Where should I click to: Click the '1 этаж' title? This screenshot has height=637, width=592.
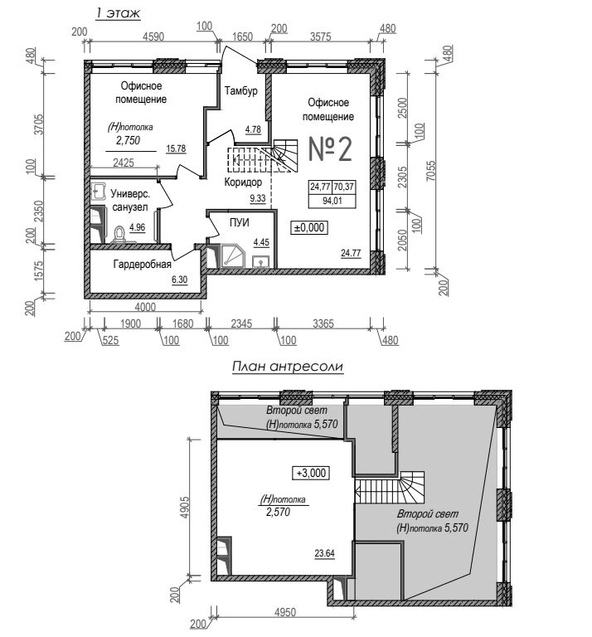click(x=118, y=13)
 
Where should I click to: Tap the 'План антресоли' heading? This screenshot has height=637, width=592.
click(x=288, y=366)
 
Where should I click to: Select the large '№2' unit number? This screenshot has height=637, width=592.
click(x=330, y=149)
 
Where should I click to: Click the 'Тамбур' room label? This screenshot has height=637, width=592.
click(x=240, y=90)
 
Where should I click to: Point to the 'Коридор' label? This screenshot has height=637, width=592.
click(x=243, y=182)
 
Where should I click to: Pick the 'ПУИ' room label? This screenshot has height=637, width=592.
click(x=239, y=222)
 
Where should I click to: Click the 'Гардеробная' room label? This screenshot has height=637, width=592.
click(x=142, y=265)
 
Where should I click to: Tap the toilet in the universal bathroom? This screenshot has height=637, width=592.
click(x=119, y=235)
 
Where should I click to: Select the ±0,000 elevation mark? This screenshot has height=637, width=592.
click(x=309, y=227)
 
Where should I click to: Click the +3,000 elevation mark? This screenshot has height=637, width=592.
click(x=311, y=473)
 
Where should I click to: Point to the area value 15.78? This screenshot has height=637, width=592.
click(x=176, y=148)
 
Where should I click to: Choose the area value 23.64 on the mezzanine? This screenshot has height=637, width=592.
click(x=324, y=553)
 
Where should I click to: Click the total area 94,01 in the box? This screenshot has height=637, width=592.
click(x=332, y=201)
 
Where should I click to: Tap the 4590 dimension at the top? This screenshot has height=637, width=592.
click(x=153, y=36)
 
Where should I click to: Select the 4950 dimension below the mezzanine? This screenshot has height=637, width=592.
click(x=285, y=612)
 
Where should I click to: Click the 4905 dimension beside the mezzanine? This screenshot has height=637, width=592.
click(x=184, y=507)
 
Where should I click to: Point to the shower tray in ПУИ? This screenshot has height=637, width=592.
click(x=233, y=256)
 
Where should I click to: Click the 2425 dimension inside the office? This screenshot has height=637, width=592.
click(x=124, y=163)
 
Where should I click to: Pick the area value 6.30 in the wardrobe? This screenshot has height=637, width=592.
click(x=179, y=280)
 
